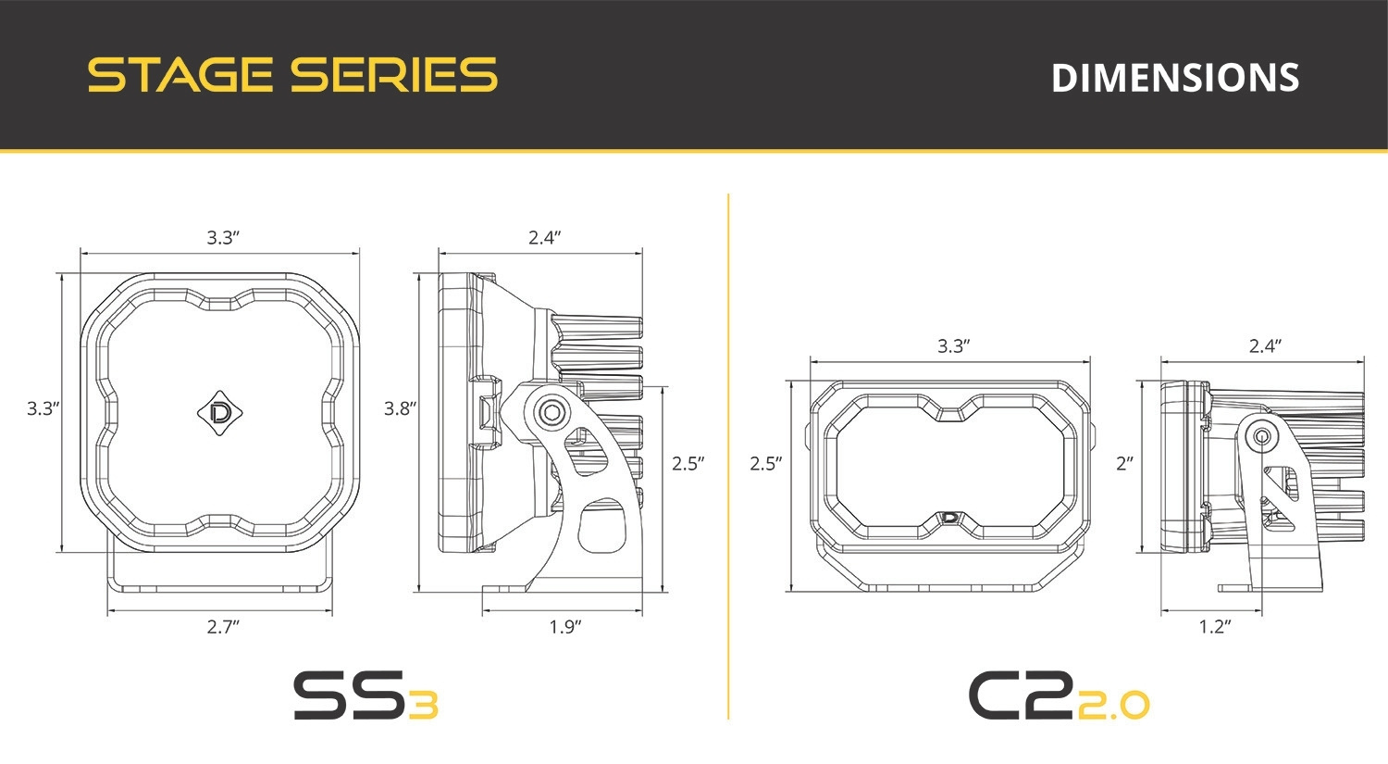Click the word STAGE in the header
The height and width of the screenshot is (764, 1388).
180,75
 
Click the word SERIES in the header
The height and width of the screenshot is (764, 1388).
393,75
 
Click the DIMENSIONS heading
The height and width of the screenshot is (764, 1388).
1175,78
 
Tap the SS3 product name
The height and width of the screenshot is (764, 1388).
365,696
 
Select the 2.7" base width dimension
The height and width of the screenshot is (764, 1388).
223,627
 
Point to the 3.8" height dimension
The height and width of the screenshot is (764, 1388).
401,408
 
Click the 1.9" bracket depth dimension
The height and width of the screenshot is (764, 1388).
565,627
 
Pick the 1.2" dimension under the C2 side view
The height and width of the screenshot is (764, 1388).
1215,627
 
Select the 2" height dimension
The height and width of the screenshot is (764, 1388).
1124,463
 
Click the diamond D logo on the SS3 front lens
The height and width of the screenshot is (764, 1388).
220,410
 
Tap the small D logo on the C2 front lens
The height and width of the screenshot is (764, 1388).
950,519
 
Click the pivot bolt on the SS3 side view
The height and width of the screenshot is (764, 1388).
551,411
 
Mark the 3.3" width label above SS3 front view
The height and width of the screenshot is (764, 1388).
223,238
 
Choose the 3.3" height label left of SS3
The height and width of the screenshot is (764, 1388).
43,408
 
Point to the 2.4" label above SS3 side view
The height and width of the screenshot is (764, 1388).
545,238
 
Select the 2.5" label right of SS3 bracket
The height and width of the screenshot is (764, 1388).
688,463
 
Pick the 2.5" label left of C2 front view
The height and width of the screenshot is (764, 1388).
766,463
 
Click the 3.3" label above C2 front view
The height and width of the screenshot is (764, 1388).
953,346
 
